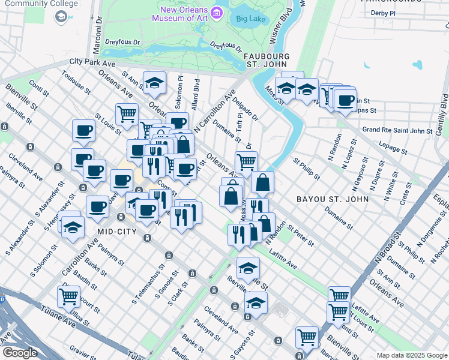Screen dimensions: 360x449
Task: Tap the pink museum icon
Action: pyautogui.click(x=218, y=12)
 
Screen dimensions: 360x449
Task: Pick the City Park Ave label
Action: pyautogui.click(x=92, y=62)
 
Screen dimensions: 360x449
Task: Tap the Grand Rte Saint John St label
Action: pyautogui.click(x=397, y=130)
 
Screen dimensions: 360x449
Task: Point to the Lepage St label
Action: pyautogui.click(x=394, y=145)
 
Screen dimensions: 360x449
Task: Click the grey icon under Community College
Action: pyautogui.click(x=61, y=17)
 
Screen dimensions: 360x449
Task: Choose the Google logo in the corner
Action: pyautogui.click(x=19, y=353)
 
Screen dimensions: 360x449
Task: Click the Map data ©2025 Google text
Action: pyautogui.click(x=412, y=355)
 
